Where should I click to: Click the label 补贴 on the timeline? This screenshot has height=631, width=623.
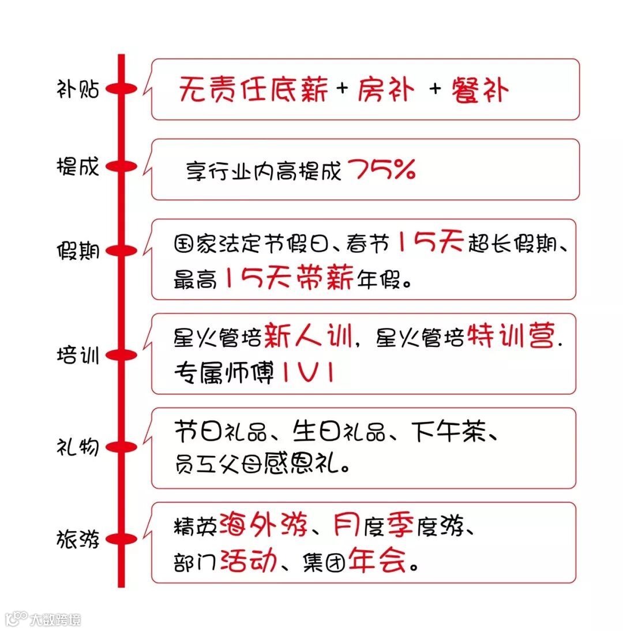pyautogui.click(x=78, y=89)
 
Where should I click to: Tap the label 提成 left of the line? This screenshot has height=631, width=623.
pyautogui.click(x=78, y=167)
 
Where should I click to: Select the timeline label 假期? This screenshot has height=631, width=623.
pyautogui.click(x=78, y=252)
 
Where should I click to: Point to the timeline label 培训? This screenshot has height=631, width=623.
pyautogui.click(x=78, y=354)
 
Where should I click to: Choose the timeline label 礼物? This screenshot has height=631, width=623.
pyautogui.click(x=78, y=447)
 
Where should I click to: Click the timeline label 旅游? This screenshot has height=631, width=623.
pyautogui.click(x=78, y=539)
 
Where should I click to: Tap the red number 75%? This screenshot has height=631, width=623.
pyautogui.click(x=381, y=169)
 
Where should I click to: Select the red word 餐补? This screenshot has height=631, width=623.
pyautogui.click(x=481, y=90)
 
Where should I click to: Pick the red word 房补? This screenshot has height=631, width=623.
pyautogui.click(x=385, y=90)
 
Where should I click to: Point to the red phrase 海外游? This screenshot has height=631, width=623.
pyautogui.click(x=263, y=525)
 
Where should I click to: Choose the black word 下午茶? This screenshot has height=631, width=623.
pyautogui.click(x=451, y=432)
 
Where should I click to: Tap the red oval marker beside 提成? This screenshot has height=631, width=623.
pyautogui.click(x=121, y=167)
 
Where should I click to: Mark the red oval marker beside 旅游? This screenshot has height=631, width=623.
pyautogui.click(x=121, y=539)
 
